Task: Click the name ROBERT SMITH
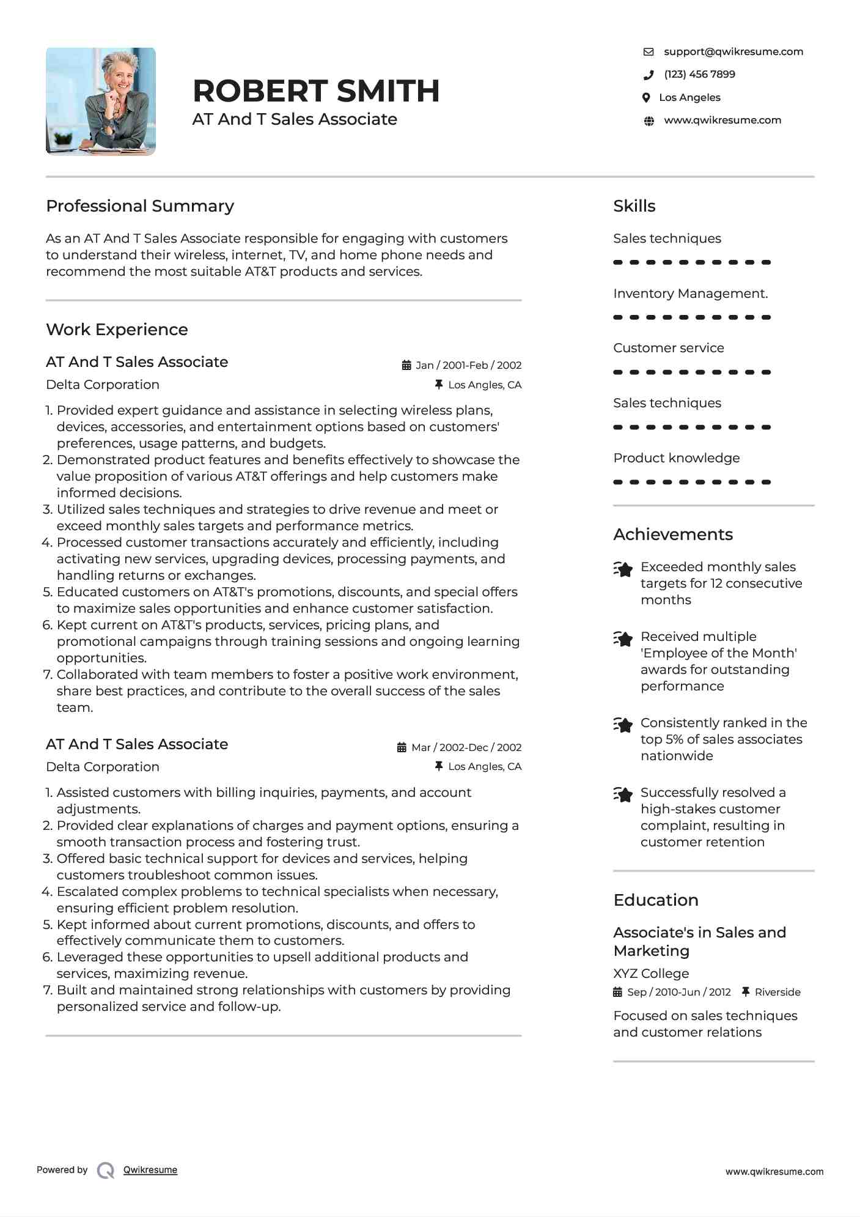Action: pyautogui.click(x=316, y=91)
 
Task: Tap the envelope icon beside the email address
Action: pyautogui.click(x=649, y=52)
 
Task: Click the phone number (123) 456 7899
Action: pyautogui.click(x=699, y=75)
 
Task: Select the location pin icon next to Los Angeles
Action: pyautogui.click(x=646, y=98)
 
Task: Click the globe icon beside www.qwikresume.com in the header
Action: pyautogui.click(x=649, y=121)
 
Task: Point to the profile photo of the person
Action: pyautogui.click(x=101, y=102)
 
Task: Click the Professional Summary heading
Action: pyautogui.click(x=140, y=206)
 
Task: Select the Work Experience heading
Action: pyautogui.click(x=117, y=330)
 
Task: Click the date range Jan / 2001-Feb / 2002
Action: pyautogui.click(x=468, y=366)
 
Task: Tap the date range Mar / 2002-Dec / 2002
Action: pyautogui.click(x=466, y=748)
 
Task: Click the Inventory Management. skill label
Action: pyautogui.click(x=690, y=294)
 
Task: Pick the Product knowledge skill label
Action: pyautogui.click(x=676, y=458)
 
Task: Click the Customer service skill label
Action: pyautogui.click(x=668, y=348)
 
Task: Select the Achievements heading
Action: pyautogui.click(x=672, y=535)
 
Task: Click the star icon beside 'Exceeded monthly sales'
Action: pyautogui.click(x=623, y=569)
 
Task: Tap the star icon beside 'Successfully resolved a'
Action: pyautogui.click(x=623, y=794)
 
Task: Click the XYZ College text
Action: pyautogui.click(x=651, y=974)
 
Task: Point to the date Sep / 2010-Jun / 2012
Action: pyautogui.click(x=678, y=993)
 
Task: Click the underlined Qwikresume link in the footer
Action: pyautogui.click(x=150, y=1170)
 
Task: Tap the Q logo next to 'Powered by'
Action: pyautogui.click(x=106, y=1171)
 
